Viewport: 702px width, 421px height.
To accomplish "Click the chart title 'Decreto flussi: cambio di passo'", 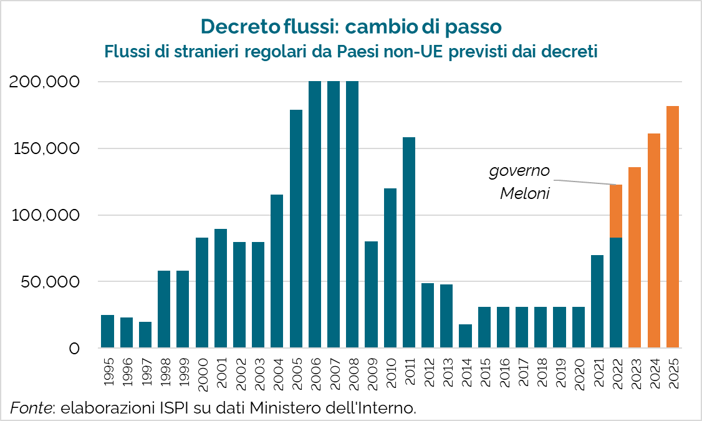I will coord(351,27).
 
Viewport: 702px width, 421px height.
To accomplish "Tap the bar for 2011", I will coord(409,243).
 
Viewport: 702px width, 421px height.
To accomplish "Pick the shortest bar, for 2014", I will coord(465,336).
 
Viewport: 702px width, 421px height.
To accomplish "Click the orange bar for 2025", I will coord(673,227).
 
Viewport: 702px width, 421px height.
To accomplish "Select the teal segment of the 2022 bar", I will coord(616,293).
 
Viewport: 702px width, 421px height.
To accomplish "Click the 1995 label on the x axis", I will coord(108,370).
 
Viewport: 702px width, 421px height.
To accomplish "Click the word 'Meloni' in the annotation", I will coord(525,194).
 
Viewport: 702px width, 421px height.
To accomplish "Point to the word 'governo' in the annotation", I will coord(519,170).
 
